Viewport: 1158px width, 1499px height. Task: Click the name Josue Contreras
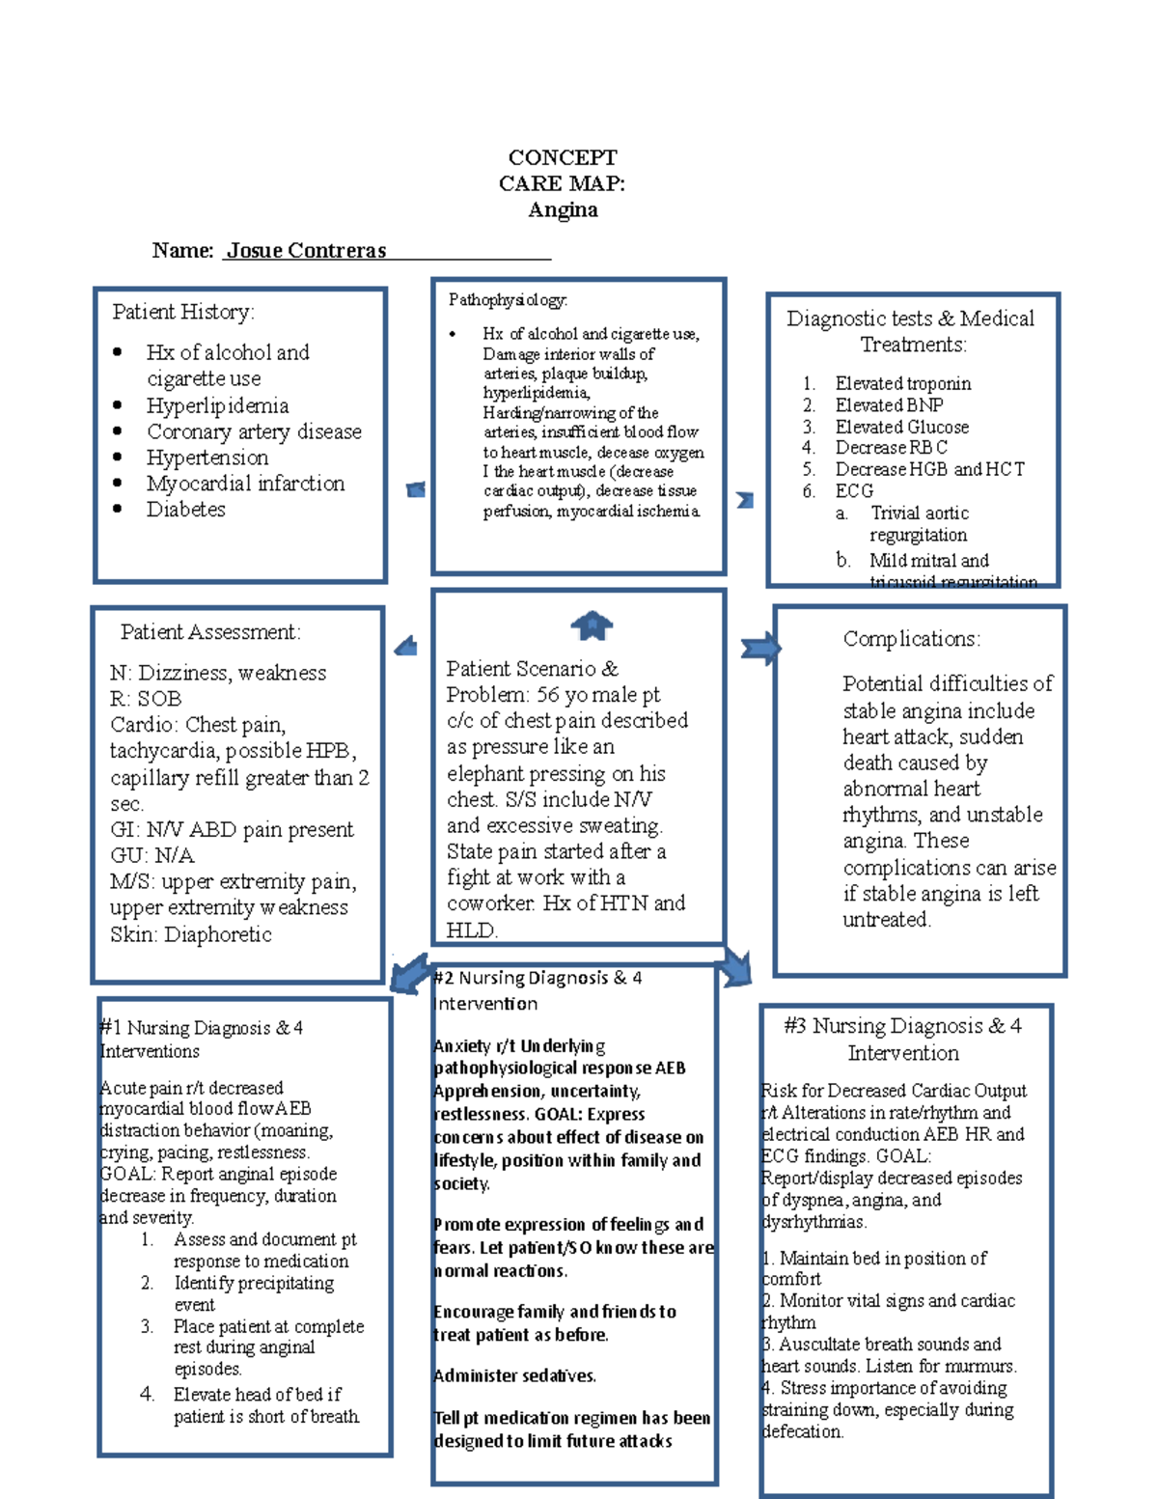[306, 251]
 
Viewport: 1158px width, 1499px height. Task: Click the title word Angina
[563, 210]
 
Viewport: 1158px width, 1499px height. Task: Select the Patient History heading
[183, 312]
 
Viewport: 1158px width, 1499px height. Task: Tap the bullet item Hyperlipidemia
[217, 405]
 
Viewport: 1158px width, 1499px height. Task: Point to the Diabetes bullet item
[185, 509]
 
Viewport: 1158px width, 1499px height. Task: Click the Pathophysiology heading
[508, 300]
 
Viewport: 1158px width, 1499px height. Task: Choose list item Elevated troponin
[902, 383]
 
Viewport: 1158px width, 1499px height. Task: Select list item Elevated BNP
[889, 405]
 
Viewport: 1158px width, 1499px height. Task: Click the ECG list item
[854, 490]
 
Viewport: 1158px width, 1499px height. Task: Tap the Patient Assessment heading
[210, 632]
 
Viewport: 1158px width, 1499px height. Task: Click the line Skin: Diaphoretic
[191, 934]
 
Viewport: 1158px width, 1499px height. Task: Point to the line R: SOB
[146, 699]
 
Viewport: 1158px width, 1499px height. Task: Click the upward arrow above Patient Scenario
[592, 626]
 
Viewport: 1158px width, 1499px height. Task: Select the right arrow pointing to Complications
[760, 649]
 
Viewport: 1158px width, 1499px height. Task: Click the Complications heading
[911, 639]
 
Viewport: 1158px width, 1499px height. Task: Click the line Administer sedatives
[515, 1375]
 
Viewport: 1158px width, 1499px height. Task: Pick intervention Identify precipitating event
[253, 1293]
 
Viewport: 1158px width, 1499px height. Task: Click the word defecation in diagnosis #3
[803, 1431]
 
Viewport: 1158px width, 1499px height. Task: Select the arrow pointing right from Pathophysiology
[745, 500]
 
